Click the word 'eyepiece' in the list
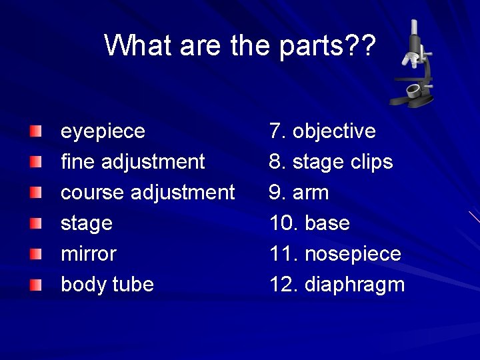[x=103, y=131]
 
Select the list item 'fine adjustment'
[x=133, y=162]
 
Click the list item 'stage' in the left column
[x=87, y=223]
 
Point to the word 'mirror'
[x=88, y=254]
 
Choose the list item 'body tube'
[x=107, y=285]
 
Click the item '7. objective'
[x=323, y=131]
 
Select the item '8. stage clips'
[x=331, y=162]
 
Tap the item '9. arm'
[x=299, y=193]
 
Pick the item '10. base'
[x=310, y=223]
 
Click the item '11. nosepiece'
[x=335, y=254]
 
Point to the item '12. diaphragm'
[x=337, y=285]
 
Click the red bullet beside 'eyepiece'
[x=35, y=130]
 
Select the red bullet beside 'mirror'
[x=35, y=253]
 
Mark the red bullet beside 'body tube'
[x=35, y=285]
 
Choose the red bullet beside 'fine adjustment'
[x=35, y=161]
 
